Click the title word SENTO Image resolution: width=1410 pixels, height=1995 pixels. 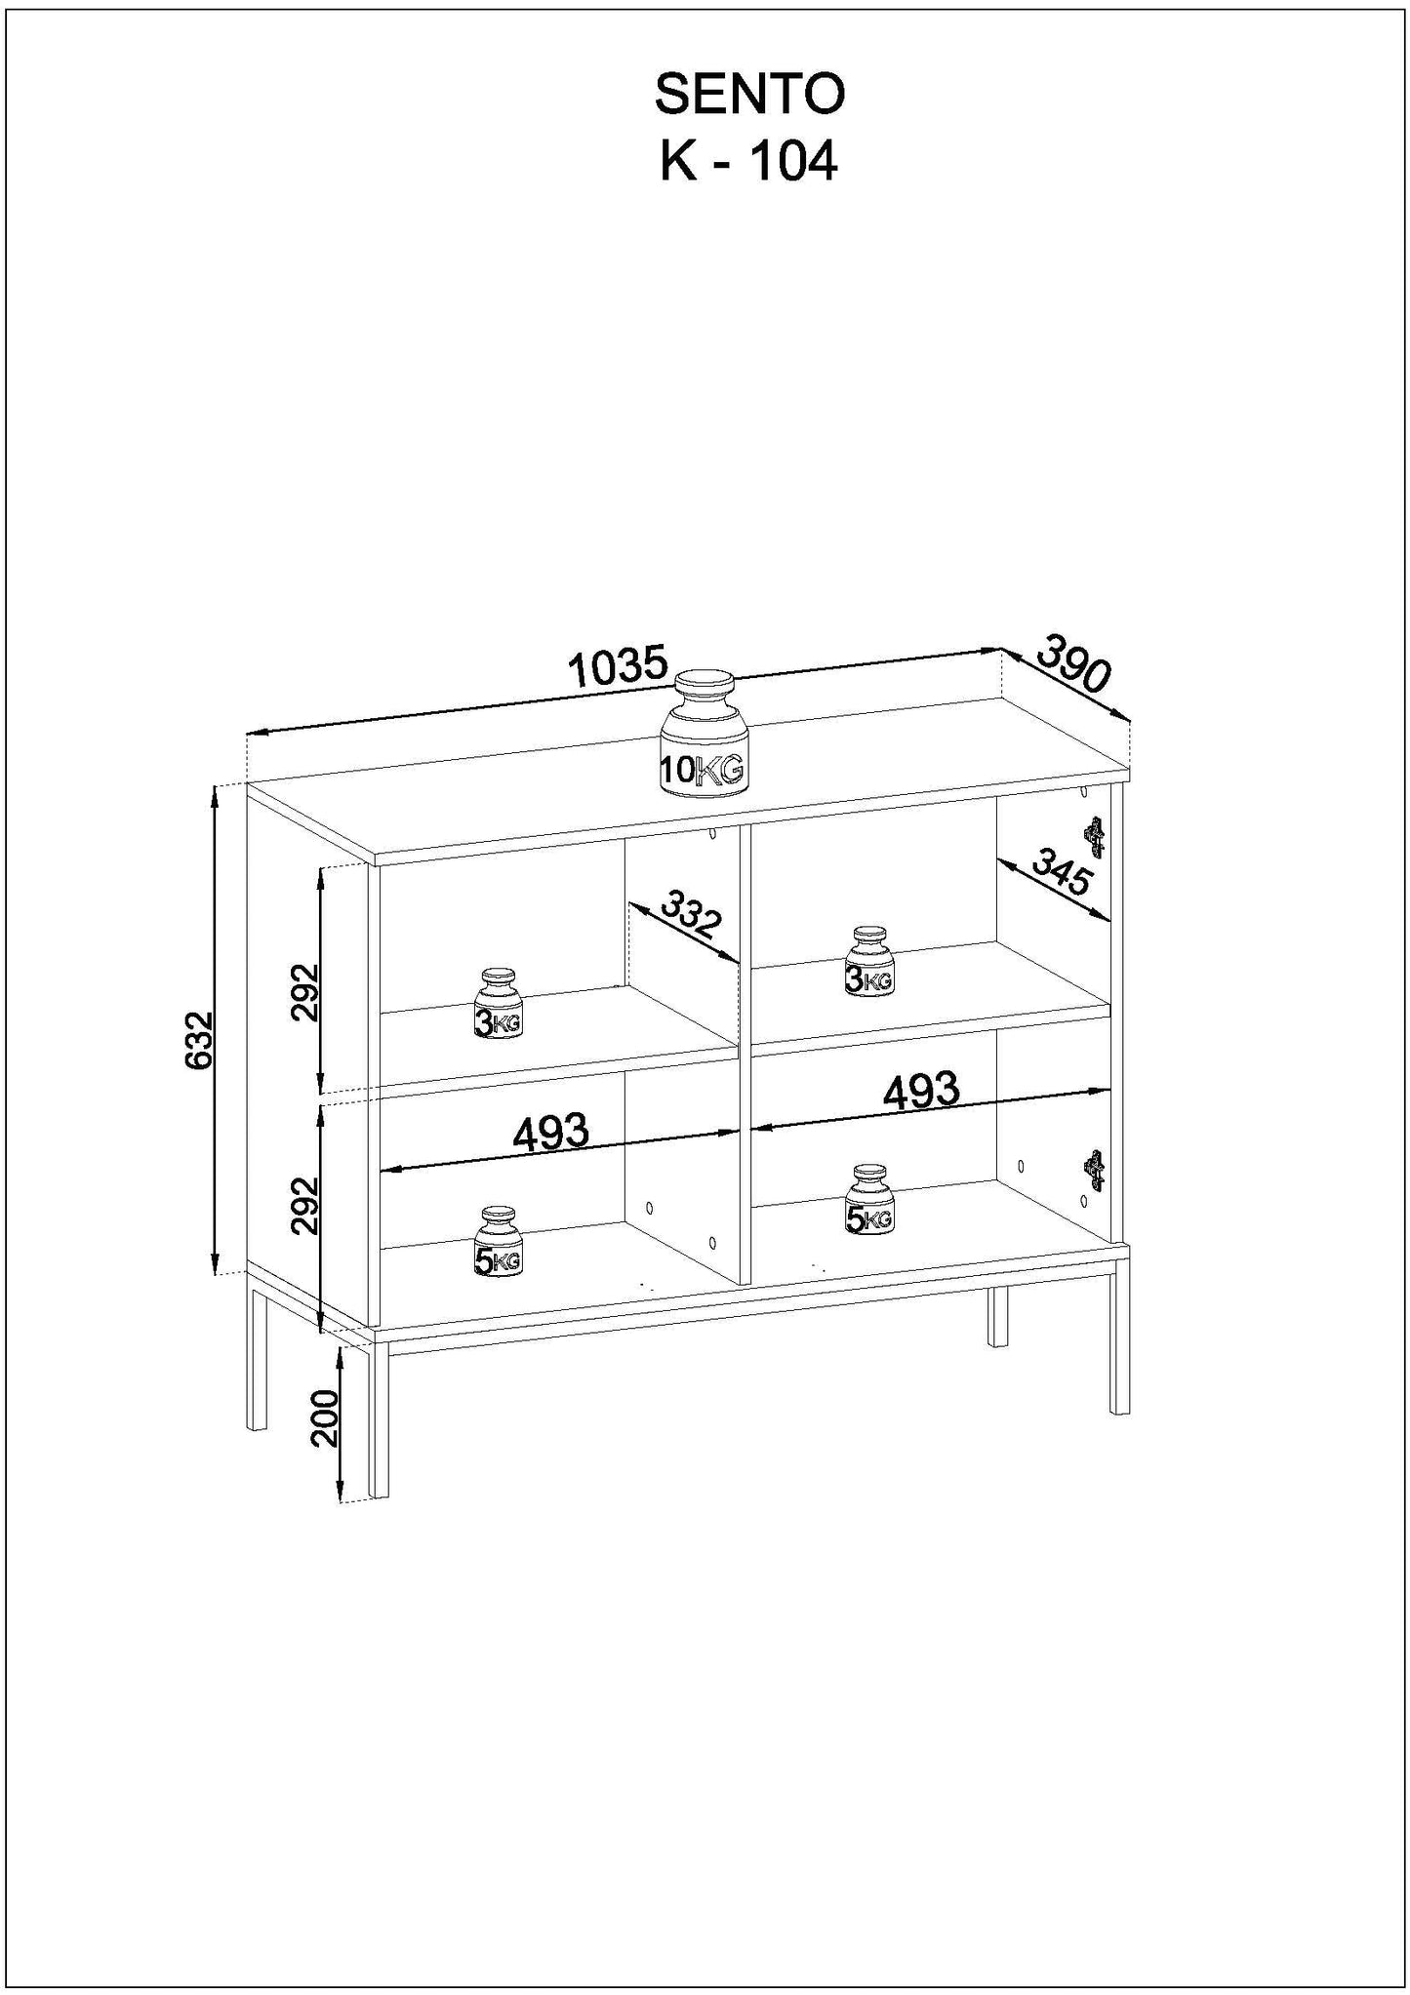pos(748,96)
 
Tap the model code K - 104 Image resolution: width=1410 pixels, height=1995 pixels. pos(748,162)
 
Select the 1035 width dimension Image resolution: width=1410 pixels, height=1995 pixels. pos(618,668)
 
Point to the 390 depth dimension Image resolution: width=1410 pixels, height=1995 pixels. pos(1073,663)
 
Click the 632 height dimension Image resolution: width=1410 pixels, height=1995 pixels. pos(199,1040)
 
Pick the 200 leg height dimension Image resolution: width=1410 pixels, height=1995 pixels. pos(324,1417)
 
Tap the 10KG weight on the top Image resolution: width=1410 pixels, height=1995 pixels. pos(704,737)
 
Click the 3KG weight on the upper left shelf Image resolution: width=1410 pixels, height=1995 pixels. pos(499,1004)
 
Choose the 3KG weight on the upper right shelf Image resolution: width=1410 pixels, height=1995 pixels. pos(868,961)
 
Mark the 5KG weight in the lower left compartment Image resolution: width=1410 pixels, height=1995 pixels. pos(498,1242)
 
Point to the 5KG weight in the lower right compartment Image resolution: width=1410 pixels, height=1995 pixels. pos(868,1199)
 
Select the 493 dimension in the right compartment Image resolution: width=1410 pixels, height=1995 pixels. pos(921,1091)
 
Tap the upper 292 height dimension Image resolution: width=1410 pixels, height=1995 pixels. pos(305,991)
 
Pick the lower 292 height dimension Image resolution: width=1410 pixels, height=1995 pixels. pos(305,1206)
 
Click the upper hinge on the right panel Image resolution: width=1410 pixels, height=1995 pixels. pos(1096,837)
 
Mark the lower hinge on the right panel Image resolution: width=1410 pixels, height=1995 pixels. pos(1096,1171)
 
